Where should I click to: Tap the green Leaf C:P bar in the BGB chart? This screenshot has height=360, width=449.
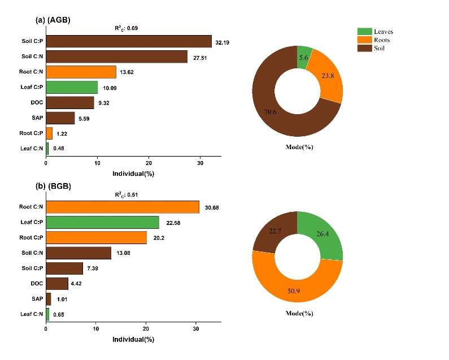click(x=102, y=222)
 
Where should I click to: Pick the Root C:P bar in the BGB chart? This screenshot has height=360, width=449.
click(x=96, y=237)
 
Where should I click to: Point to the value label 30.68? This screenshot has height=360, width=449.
click(x=212, y=207)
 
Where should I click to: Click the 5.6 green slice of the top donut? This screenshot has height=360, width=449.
click(x=304, y=57)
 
